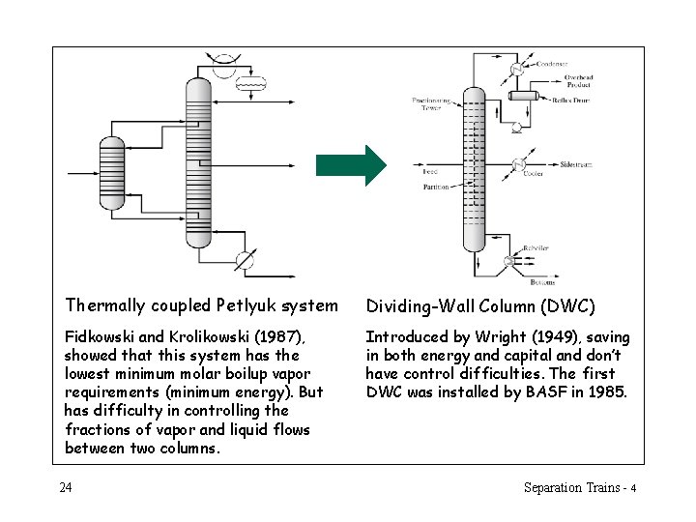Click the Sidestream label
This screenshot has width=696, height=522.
[576, 164]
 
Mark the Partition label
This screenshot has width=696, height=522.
[436, 187]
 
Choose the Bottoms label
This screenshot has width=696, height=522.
[543, 282]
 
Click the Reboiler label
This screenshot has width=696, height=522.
[536, 248]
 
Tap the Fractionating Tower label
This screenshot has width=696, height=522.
[426, 103]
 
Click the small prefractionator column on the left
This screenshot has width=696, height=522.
[112, 173]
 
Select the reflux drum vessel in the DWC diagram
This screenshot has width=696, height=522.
[523, 97]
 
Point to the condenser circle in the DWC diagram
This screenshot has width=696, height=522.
[518, 69]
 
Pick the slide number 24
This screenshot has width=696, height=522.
[65, 487]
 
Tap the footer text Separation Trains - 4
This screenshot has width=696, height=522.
[579, 487]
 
